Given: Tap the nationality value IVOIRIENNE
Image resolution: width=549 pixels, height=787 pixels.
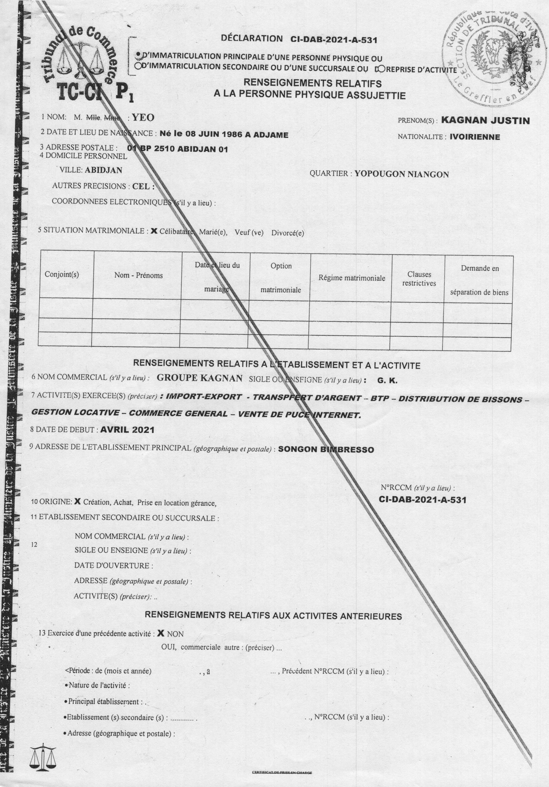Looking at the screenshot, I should tap(475, 137).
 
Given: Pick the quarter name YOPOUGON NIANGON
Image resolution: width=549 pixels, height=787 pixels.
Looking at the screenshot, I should tap(401, 174).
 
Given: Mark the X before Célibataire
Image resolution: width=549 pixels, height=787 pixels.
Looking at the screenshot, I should tap(154, 231).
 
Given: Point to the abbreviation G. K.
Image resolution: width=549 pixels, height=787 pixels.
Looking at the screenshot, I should tap(387, 380).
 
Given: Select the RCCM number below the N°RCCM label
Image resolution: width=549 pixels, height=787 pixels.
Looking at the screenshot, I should tap(422, 500).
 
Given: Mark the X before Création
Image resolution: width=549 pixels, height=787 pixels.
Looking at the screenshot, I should tap(77, 501).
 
